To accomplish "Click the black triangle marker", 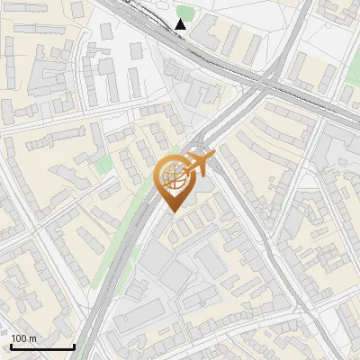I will tap(181, 24).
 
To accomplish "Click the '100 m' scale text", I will tap(23, 338).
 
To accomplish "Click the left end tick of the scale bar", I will tap(11, 345).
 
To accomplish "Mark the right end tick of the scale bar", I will tap(74, 345).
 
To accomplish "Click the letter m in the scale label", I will tap(32, 338).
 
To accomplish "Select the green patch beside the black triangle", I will tap(185, 12).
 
